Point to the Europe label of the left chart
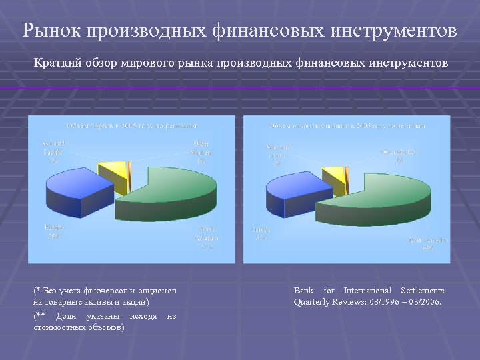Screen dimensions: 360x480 [54, 231]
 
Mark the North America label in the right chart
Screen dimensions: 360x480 [428, 243]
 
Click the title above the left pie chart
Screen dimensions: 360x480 [131, 125]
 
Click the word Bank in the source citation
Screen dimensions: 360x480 [303, 291]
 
